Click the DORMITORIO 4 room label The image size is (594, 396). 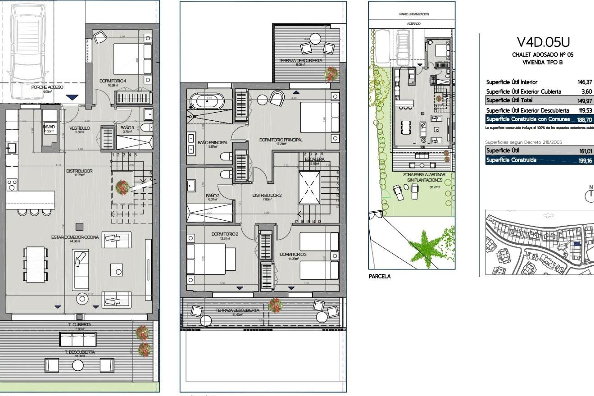click(113, 81)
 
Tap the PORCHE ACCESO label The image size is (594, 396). click(47, 87)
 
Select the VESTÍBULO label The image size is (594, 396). click(80, 128)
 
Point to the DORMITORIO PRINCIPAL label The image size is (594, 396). click(281, 140)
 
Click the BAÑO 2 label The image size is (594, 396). click(213, 196)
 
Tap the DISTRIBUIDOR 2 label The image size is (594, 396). click(267, 195)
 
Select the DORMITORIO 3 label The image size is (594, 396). click(293, 254)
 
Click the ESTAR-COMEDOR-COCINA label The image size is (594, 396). click(75, 237)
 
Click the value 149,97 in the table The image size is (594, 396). click(584, 101)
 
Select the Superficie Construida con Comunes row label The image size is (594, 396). click(528, 119)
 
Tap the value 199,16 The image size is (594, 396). click(585, 161)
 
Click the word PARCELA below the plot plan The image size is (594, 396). click(379, 277)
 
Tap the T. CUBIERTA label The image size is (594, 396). click(80, 325)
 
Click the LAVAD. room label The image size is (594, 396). click(49, 127)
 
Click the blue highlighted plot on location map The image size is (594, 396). click(577, 244)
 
